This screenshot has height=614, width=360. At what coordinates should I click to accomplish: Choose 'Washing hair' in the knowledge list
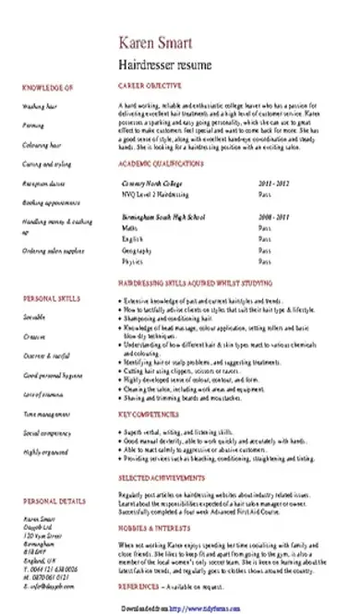point(38,106)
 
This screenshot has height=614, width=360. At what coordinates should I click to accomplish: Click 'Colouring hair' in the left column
point(40,146)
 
